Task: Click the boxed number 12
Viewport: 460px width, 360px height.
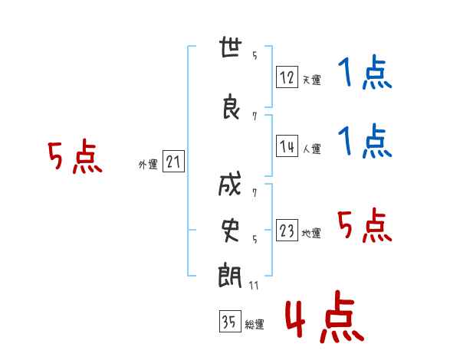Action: [x=287, y=77]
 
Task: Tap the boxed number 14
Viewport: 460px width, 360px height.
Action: [x=287, y=147]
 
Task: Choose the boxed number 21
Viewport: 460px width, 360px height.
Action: [x=173, y=162]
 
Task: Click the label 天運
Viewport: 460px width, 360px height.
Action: [x=310, y=80]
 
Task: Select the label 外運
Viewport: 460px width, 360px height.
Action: [x=147, y=164]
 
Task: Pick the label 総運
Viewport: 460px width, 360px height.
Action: [x=254, y=325]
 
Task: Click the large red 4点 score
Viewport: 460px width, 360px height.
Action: [x=324, y=319]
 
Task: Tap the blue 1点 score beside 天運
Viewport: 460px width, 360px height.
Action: [x=365, y=74]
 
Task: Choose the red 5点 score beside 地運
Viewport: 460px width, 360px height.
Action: [x=365, y=226]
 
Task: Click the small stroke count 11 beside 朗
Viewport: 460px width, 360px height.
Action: [x=254, y=285]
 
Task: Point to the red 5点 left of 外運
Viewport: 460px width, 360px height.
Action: [x=74, y=158]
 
